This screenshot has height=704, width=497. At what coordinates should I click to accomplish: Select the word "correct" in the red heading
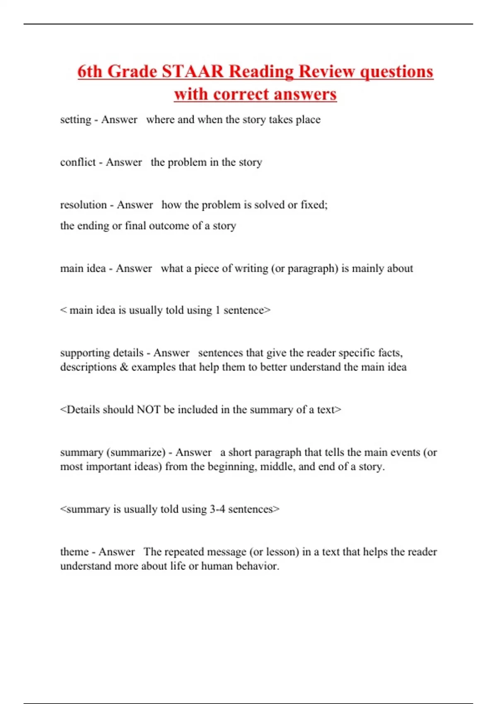point(241,94)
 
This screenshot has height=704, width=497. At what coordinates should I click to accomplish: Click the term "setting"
point(75,120)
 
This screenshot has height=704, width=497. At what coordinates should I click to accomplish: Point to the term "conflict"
point(78,162)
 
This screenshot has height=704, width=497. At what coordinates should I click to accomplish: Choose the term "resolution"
point(83,205)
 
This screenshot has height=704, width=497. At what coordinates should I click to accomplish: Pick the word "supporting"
point(85,353)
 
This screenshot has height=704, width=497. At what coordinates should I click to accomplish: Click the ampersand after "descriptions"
point(124,367)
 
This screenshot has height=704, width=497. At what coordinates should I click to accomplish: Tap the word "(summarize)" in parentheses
point(136,452)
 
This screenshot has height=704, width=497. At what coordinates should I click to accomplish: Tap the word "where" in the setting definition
point(160,120)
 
